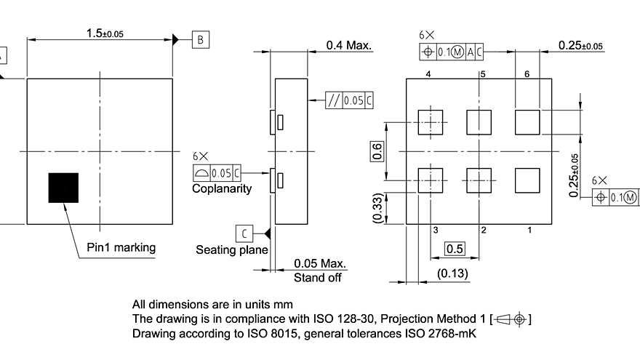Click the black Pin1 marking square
click(63, 188)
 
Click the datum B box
click(201, 39)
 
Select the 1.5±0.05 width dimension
click(105, 33)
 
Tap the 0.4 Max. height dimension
click(349, 45)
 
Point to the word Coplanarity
click(222, 188)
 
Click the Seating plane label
click(231, 249)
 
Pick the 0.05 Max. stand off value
click(320, 263)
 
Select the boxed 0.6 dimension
click(377, 151)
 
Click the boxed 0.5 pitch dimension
click(455, 249)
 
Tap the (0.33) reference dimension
click(377, 209)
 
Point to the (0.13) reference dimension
click(453, 273)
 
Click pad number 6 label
click(527, 74)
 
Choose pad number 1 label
click(529, 230)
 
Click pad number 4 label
click(429, 74)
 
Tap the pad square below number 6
click(527, 122)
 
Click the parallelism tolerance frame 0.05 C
click(349, 100)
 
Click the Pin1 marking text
click(121, 247)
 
